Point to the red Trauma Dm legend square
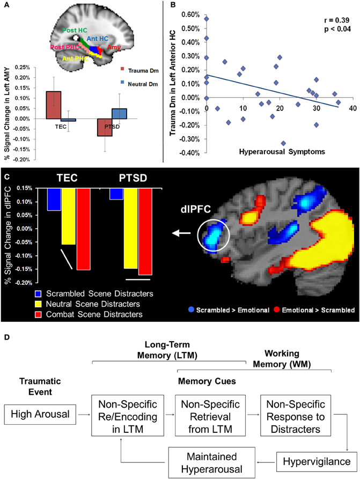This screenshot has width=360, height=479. point(123,69)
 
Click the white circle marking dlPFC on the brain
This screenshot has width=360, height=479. point(213,233)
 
